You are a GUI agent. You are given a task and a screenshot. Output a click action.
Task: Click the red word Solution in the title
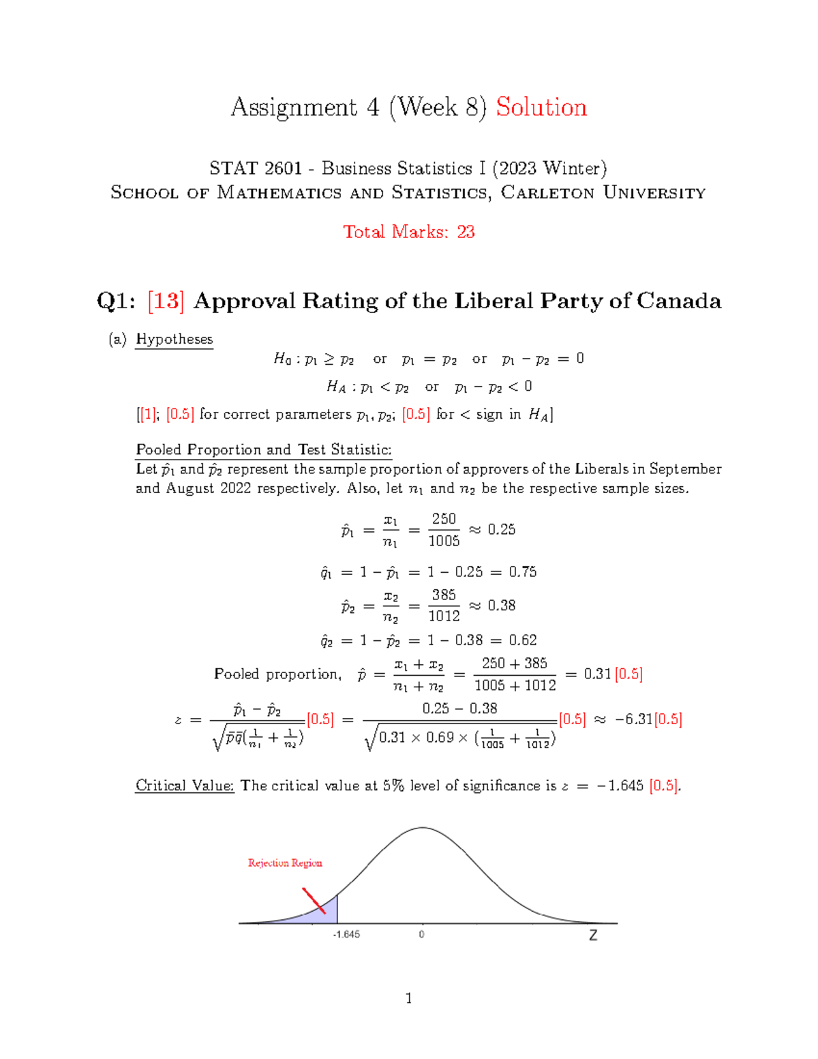(541, 108)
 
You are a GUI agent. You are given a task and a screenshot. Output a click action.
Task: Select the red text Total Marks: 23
(408, 232)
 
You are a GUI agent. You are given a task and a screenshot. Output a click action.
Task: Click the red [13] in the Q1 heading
(166, 301)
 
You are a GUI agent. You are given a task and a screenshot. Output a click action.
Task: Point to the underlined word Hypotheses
(175, 339)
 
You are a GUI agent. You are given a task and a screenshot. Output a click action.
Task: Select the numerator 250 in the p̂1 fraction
(444, 519)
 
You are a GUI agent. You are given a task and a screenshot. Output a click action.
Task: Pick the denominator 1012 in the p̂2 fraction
(444, 616)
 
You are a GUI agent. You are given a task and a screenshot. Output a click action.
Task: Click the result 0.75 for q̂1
(523, 572)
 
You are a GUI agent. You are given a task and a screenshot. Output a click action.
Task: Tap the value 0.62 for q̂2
(523, 640)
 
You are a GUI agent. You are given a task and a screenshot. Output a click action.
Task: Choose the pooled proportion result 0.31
(597, 674)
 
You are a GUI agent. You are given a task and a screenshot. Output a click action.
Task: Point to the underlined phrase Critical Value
(185, 786)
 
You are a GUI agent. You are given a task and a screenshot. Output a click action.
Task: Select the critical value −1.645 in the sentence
(619, 786)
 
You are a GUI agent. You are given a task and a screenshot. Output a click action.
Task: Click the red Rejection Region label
(285, 863)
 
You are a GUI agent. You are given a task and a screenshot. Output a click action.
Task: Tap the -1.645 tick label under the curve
(346, 934)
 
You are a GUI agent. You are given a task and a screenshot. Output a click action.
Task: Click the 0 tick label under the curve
(421, 934)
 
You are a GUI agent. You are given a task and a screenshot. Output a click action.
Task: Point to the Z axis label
(593, 935)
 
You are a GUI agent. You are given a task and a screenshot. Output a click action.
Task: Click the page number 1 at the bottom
(408, 998)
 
